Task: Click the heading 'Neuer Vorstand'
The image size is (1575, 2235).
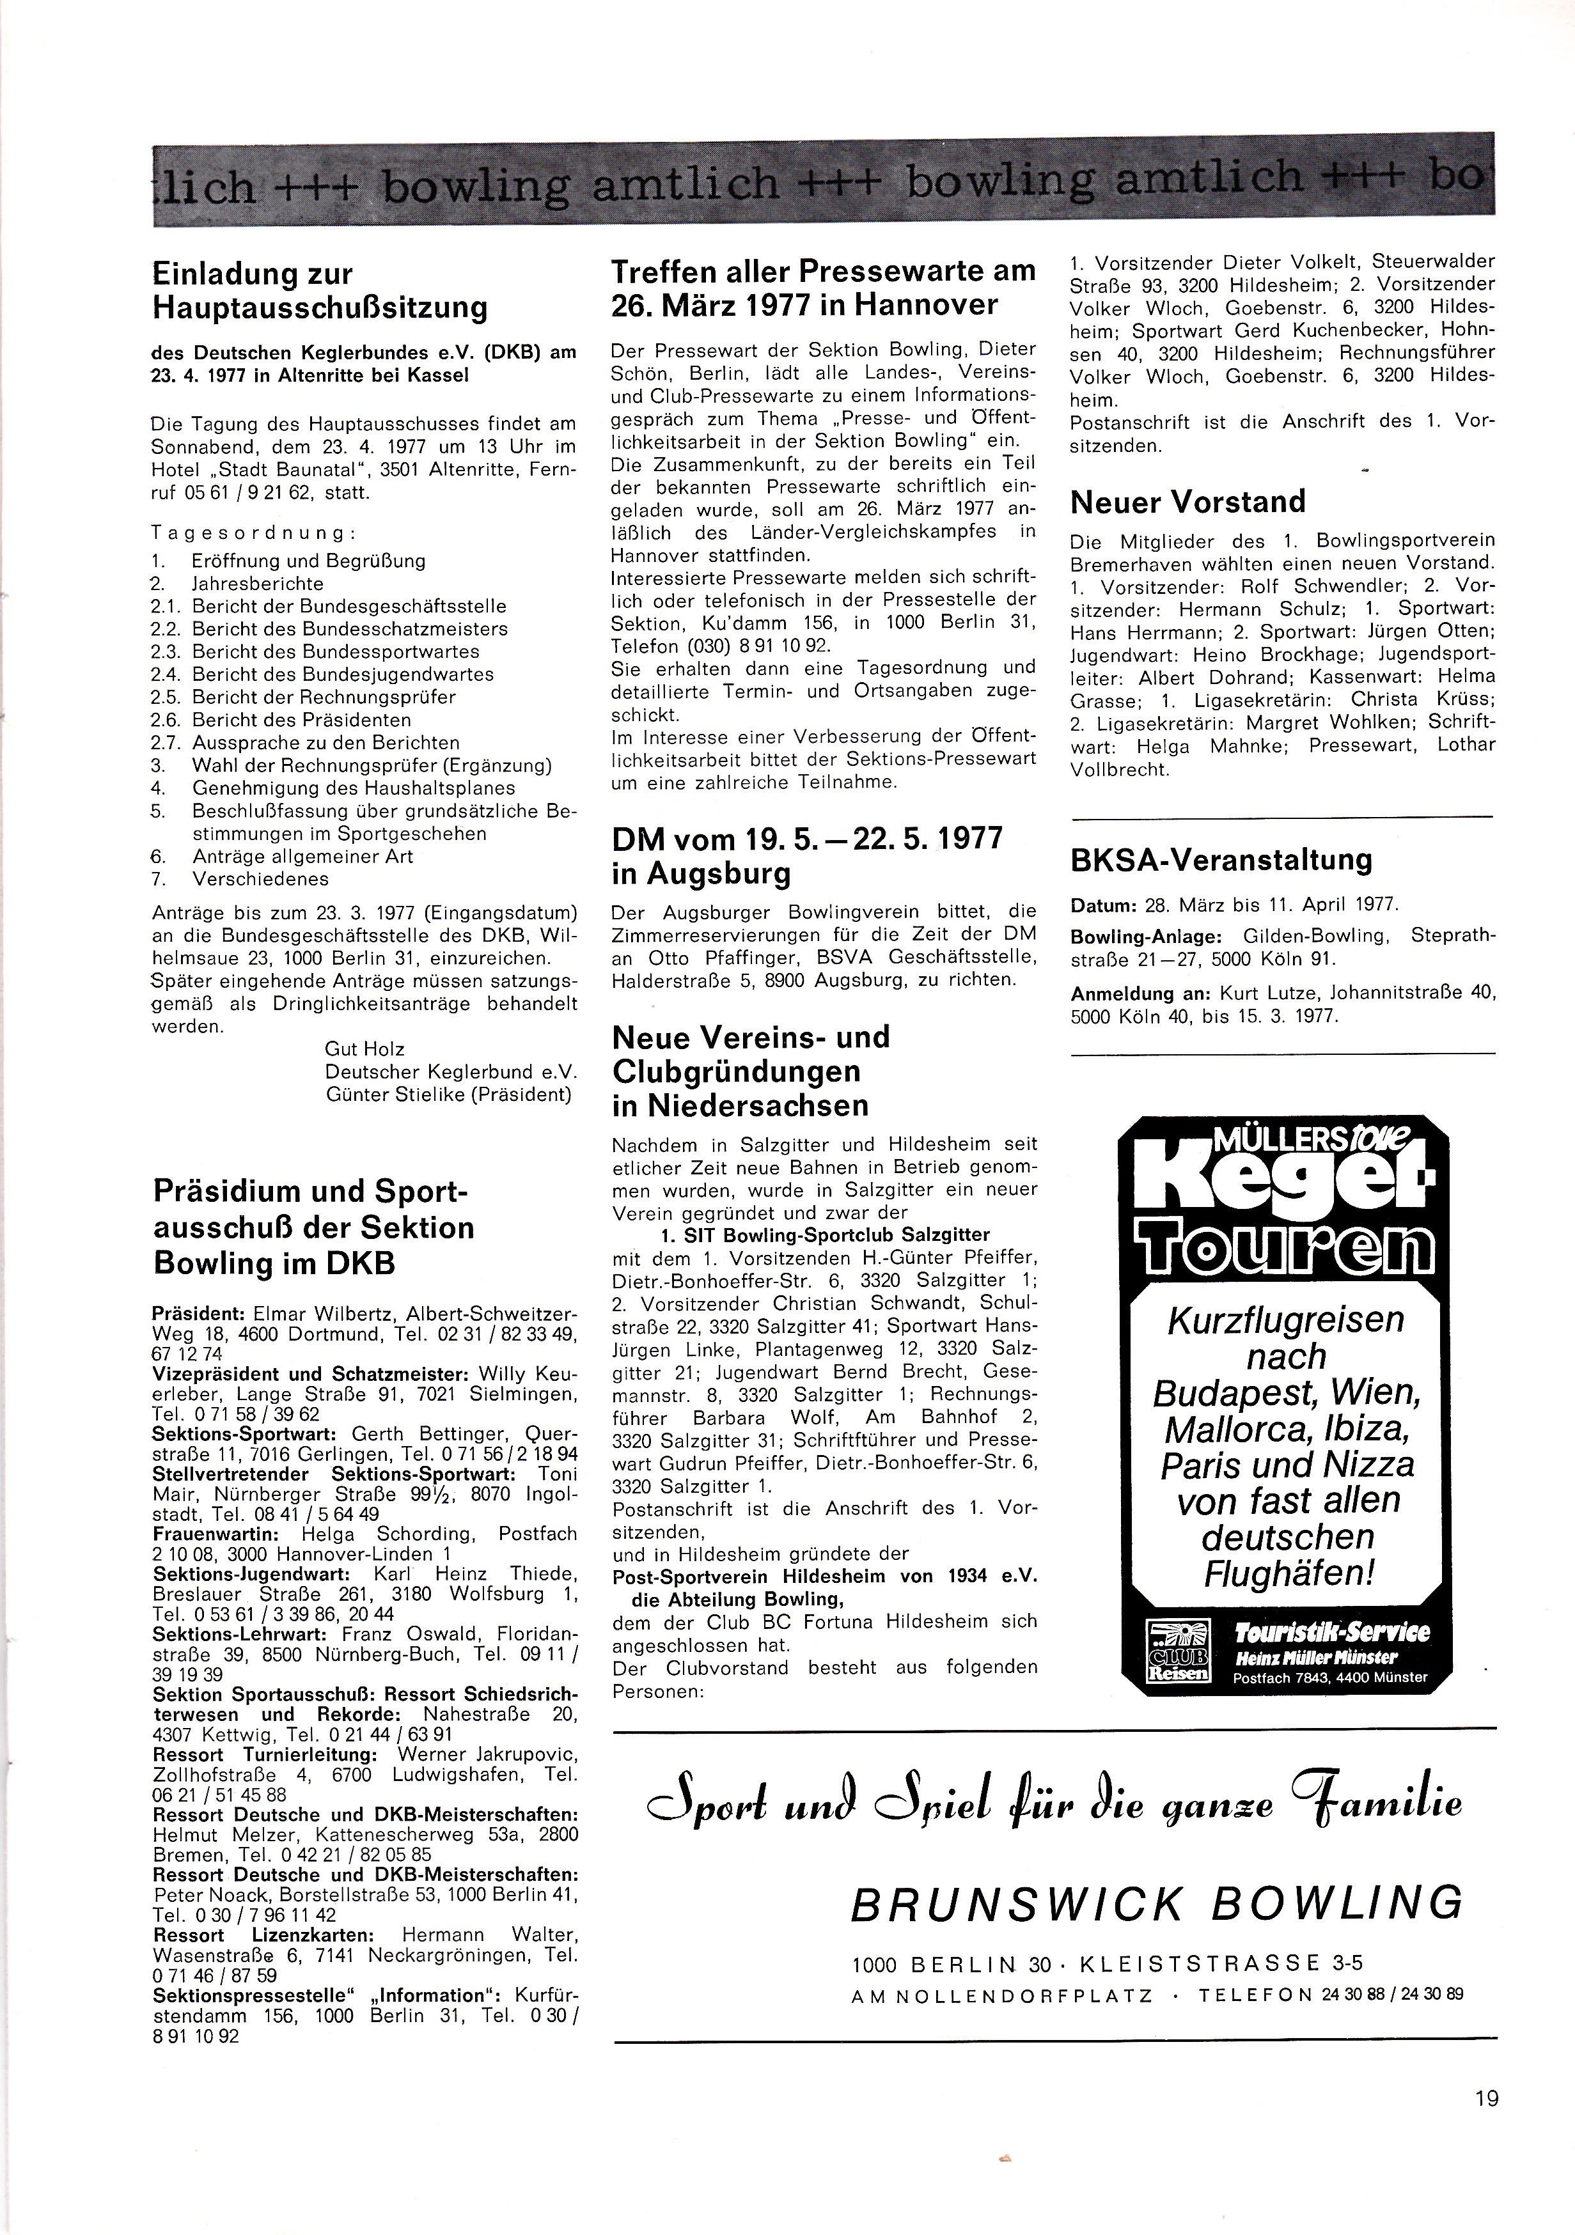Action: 1187,502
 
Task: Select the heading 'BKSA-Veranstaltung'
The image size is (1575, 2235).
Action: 1221,859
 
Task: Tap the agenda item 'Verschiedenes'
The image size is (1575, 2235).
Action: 261,879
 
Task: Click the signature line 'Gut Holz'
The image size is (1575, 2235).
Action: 365,1049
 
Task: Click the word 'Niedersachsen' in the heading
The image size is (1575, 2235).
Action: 740,1106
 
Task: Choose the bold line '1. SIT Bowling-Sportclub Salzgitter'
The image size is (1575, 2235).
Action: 818,1235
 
